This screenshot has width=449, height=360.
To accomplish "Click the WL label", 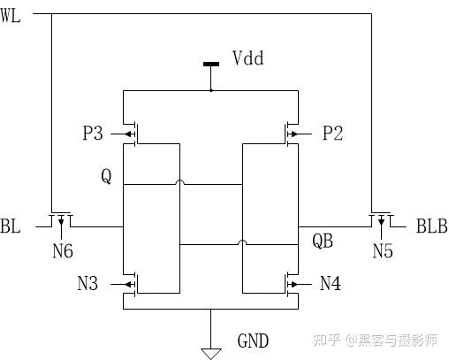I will [x=11, y=16].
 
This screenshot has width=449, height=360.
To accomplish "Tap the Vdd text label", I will [x=248, y=59].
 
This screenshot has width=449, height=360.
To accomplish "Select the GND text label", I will [x=253, y=341].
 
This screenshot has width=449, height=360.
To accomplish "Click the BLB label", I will [x=430, y=227].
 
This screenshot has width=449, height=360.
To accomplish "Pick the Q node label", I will [x=106, y=177].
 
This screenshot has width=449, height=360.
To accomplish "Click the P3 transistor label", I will [x=92, y=134].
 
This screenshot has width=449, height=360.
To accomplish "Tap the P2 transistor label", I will [x=332, y=134].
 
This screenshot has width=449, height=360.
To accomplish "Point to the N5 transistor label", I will [x=382, y=251].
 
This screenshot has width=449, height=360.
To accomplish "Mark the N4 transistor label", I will [x=331, y=284].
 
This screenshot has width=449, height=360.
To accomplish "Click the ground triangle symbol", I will [x=210, y=352].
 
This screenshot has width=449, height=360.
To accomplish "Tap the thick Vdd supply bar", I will [x=210, y=64].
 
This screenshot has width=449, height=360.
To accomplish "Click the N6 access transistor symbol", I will [x=60, y=218].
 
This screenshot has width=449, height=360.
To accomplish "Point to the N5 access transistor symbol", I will [x=380, y=218].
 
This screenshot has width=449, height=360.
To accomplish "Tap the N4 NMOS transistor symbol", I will [x=289, y=284].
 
